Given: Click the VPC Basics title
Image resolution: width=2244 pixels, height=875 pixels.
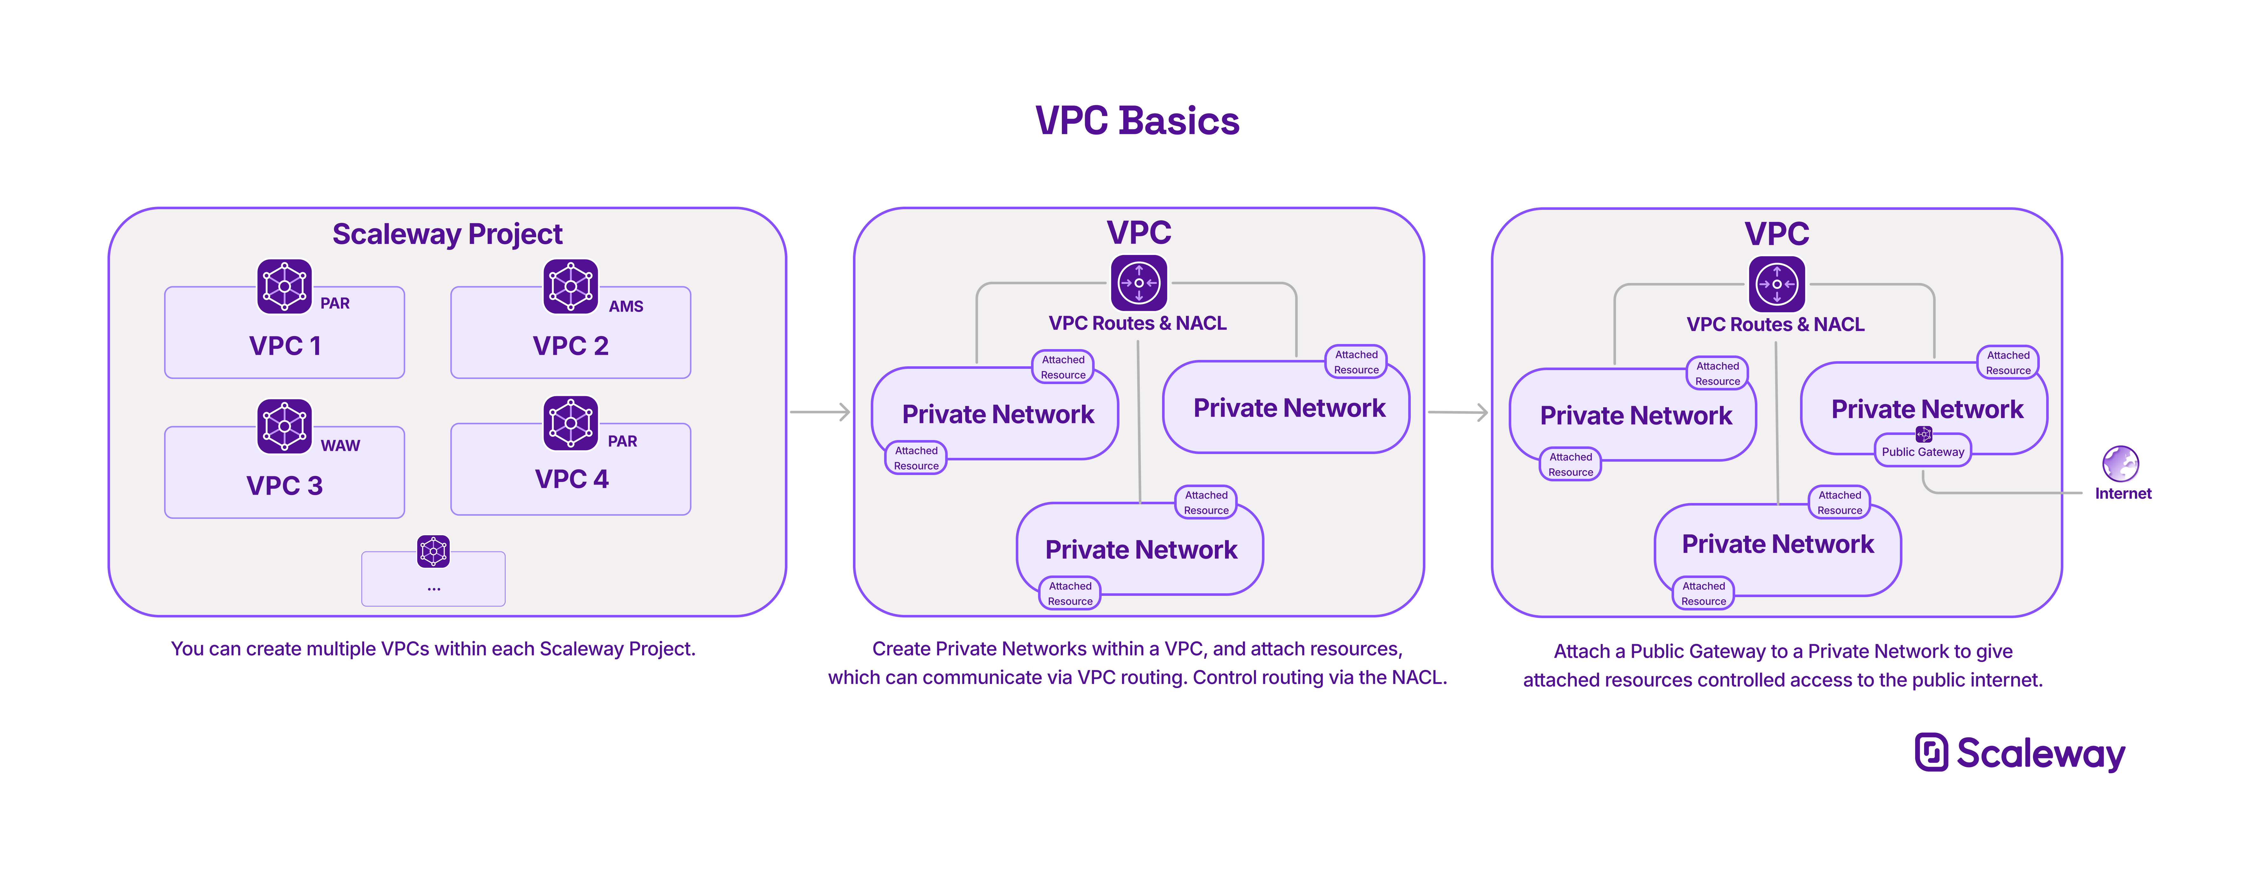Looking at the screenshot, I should click(x=1137, y=121).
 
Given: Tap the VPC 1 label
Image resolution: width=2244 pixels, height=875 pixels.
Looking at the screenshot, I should click(x=285, y=346).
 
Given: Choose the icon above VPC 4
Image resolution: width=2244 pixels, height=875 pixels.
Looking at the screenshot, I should click(x=571, y=423).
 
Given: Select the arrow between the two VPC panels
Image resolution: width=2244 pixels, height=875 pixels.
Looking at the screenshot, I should click(x=1458, y=412).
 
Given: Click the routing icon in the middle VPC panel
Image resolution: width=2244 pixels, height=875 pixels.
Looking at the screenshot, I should click(x=1139, y=283).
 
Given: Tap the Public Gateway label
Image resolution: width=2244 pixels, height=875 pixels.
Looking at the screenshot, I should click(x=1922, y=452).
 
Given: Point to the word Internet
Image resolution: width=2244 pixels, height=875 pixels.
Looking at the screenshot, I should click(x=2123, y=494).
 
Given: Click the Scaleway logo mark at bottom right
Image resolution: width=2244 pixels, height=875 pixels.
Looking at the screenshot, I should click(x=1931, y=752).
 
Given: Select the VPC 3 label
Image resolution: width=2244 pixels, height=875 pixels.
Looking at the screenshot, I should click(x=285, y=486).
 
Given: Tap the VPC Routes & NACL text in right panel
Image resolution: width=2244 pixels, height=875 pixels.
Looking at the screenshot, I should click(x=1775, y=325).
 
